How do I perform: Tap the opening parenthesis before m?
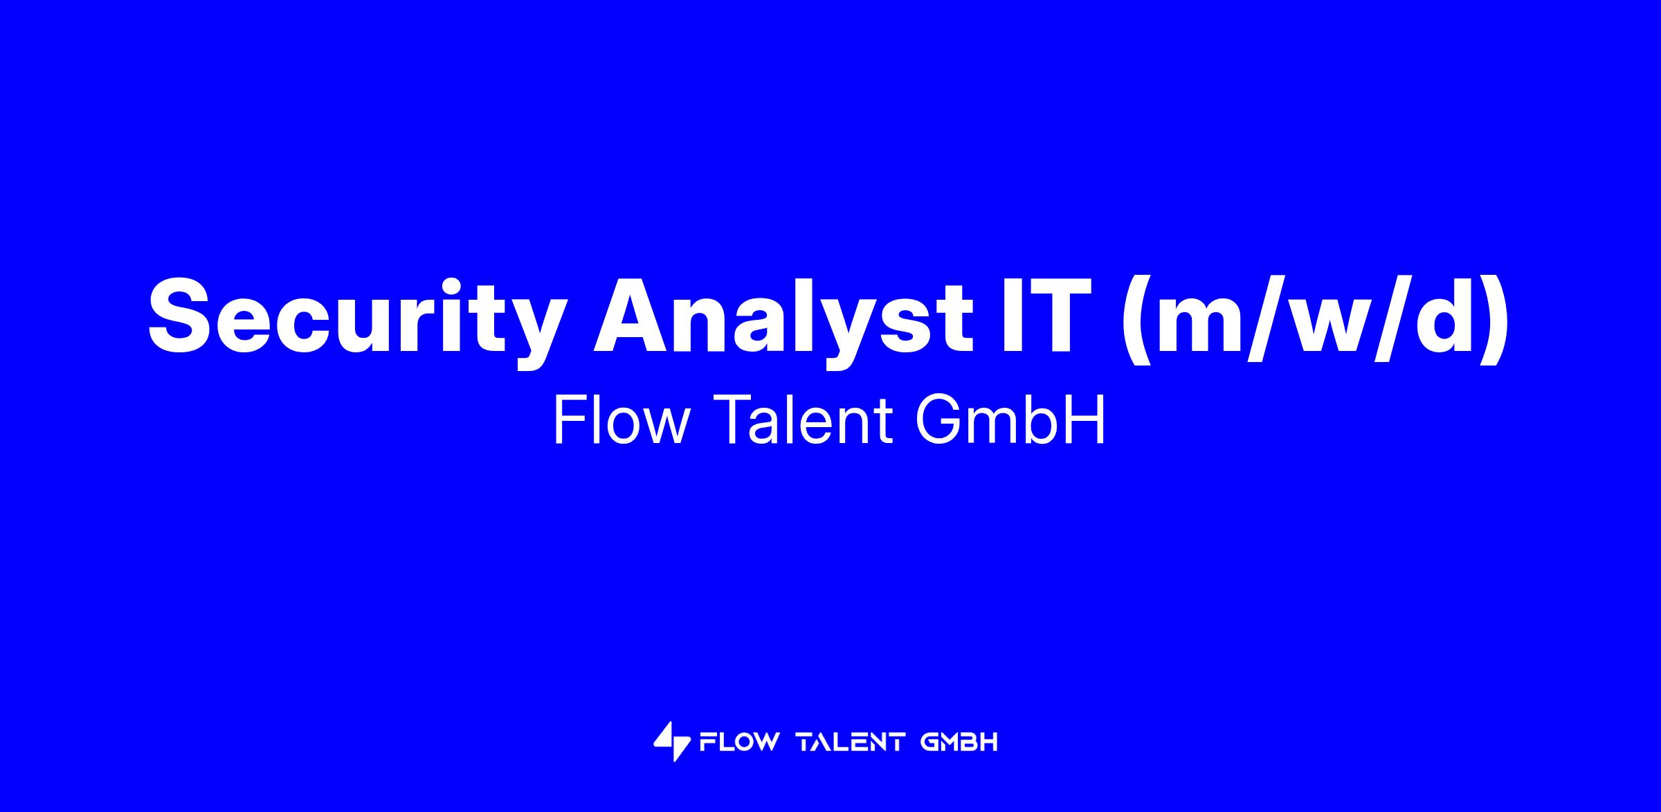[1136, 320]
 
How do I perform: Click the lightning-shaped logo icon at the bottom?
[671, 742]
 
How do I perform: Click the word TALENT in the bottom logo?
[851, 743]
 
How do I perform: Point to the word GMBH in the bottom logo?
[959, 743]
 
